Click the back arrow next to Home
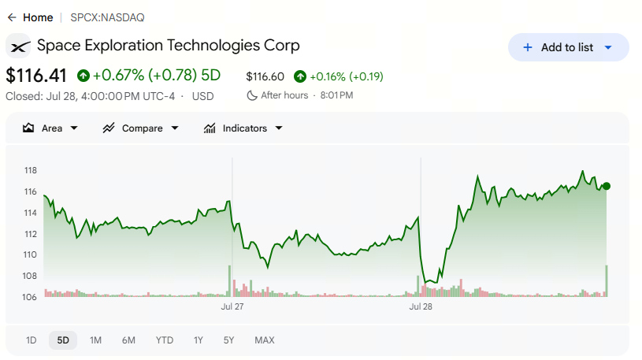click(x=12, y=17)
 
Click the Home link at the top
click(x=38, y=17)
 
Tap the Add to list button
click(x=568, y=47)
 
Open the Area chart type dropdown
click(x=50, y=128)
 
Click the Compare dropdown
click(x=140, y=128)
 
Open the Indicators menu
click(x=243, y=128)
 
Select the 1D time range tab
click(x=32, y=340)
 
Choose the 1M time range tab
click(x=95, y=340)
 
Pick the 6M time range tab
click(x=128, y=340)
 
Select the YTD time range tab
click(x=164, y=340)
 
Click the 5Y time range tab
click(x=228, y=340)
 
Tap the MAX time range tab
click(x=265, y=340)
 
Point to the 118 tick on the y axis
click(x=30, y=170)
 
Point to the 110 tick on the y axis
click(x=30, y=254)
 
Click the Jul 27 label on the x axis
click(x=232, y=306)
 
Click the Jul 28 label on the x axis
click(x=421, y=306)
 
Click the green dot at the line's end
click(x=607, y=187)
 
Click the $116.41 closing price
click(x=36, y=76)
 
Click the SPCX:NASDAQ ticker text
click(x=107, y=17)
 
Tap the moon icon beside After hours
click(x=251, y=95)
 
